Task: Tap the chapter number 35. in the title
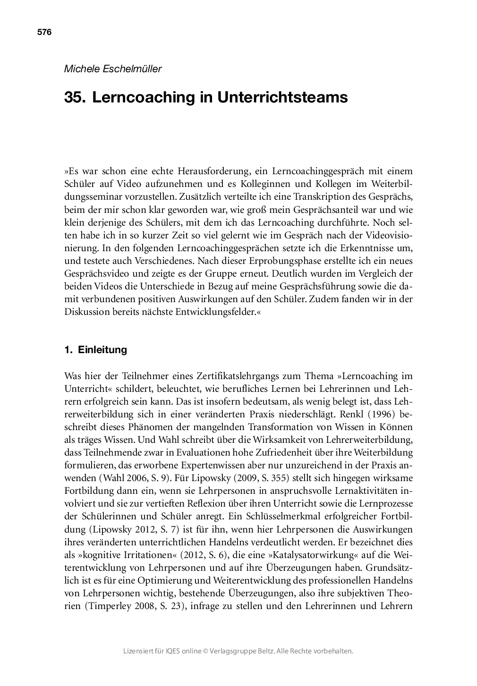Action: [75, 98]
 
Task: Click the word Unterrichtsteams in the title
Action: [282, 98]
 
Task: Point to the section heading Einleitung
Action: [102, 350]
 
